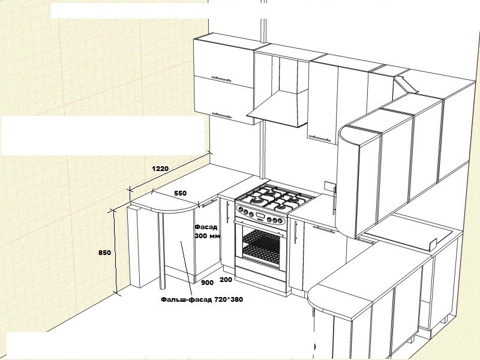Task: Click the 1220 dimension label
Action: click(x=160, y=169)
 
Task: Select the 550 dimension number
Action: click(x=181, y=193)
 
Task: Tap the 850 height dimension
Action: click(x=104, y=253)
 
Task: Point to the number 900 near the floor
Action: click(x=207, y=283)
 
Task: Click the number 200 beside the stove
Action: click(x=226, y=279)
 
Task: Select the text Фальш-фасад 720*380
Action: click(x=202, y=299)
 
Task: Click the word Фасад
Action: click(x=206, y=227)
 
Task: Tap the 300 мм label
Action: click(x=208, y=236)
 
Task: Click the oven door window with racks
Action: click(x=261, y=245)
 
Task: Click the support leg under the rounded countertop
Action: click(x=162, y=250)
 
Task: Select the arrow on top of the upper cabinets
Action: click(x=406, y=85)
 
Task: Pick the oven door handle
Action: click(x=261, y=229)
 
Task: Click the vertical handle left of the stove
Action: click(x=227, y=212)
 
